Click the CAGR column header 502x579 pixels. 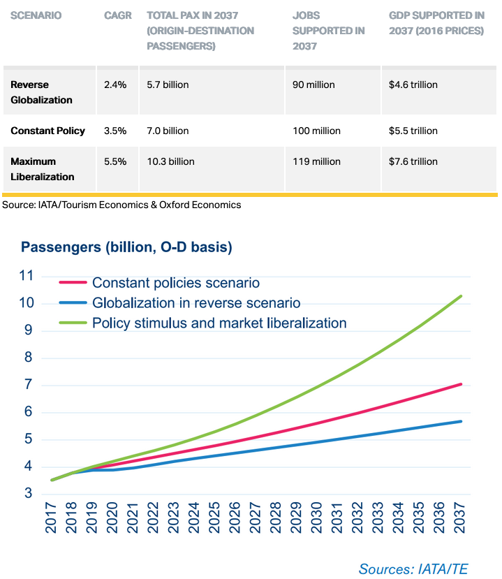pyautogui.click(x=117, y=15)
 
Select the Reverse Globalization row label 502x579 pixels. pyautogui.click(x=41, y=92)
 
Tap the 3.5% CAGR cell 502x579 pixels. pyautogui.click(x=115, y=131)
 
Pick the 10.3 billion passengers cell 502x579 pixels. pyautogui.click(x=170, y=161)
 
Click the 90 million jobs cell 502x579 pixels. pyautogui.click(x=313, y=85)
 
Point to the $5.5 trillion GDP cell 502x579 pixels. pyautogui.click(x=413, y=131)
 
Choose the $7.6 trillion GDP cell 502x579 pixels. pyautogui.click(x=413, y=161)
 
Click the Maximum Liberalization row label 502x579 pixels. pyautogui.click(x=41, y=169)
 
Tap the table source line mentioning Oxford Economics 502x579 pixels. pyautogui.click(x=121, y=205)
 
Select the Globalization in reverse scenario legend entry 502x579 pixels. pyautogui.click(x=196, y=303)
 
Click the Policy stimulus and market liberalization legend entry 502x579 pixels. pyautogui.click(x=219, y=323)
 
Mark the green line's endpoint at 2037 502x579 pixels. pyautogui.click(x=462, y=296)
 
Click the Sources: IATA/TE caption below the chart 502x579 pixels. pyautogui.click(x=413, y=569)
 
